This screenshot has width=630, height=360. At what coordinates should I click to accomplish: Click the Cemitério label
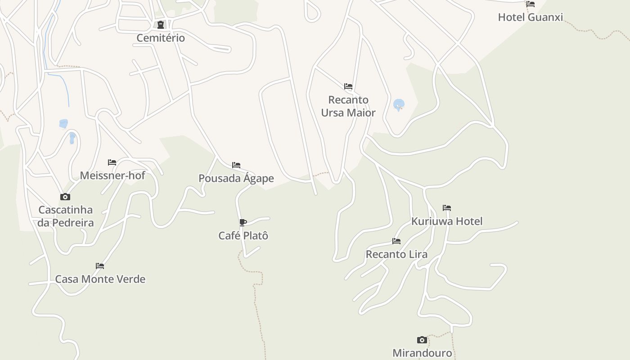161,38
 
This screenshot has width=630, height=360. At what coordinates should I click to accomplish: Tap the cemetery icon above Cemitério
161,25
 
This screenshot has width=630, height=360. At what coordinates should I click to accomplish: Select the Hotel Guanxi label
530,17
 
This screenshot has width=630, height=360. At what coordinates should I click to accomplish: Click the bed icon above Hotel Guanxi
531,4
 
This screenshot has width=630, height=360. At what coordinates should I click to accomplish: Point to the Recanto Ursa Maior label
348,106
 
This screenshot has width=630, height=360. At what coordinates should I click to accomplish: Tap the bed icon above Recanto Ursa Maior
348,86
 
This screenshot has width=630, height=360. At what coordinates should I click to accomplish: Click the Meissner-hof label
112,175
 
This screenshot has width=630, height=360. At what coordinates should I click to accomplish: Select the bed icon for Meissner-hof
112,162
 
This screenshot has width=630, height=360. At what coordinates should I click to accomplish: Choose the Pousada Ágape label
236,178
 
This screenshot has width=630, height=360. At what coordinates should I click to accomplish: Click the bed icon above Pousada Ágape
236,165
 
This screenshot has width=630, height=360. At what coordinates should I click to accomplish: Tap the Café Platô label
243,235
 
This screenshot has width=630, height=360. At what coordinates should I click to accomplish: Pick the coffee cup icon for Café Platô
243,222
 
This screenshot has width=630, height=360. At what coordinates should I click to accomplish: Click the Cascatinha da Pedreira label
66,216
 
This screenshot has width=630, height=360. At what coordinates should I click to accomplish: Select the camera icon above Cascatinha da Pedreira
65,197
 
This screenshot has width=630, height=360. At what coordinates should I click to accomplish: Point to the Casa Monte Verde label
100,279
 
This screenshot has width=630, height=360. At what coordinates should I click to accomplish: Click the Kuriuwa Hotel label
447,221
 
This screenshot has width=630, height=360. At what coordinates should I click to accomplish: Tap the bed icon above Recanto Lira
396,241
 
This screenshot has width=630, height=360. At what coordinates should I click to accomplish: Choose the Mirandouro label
422,353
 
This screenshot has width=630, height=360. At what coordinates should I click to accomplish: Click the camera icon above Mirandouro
422,340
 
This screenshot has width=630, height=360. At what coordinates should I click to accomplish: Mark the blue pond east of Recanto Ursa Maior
398,105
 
